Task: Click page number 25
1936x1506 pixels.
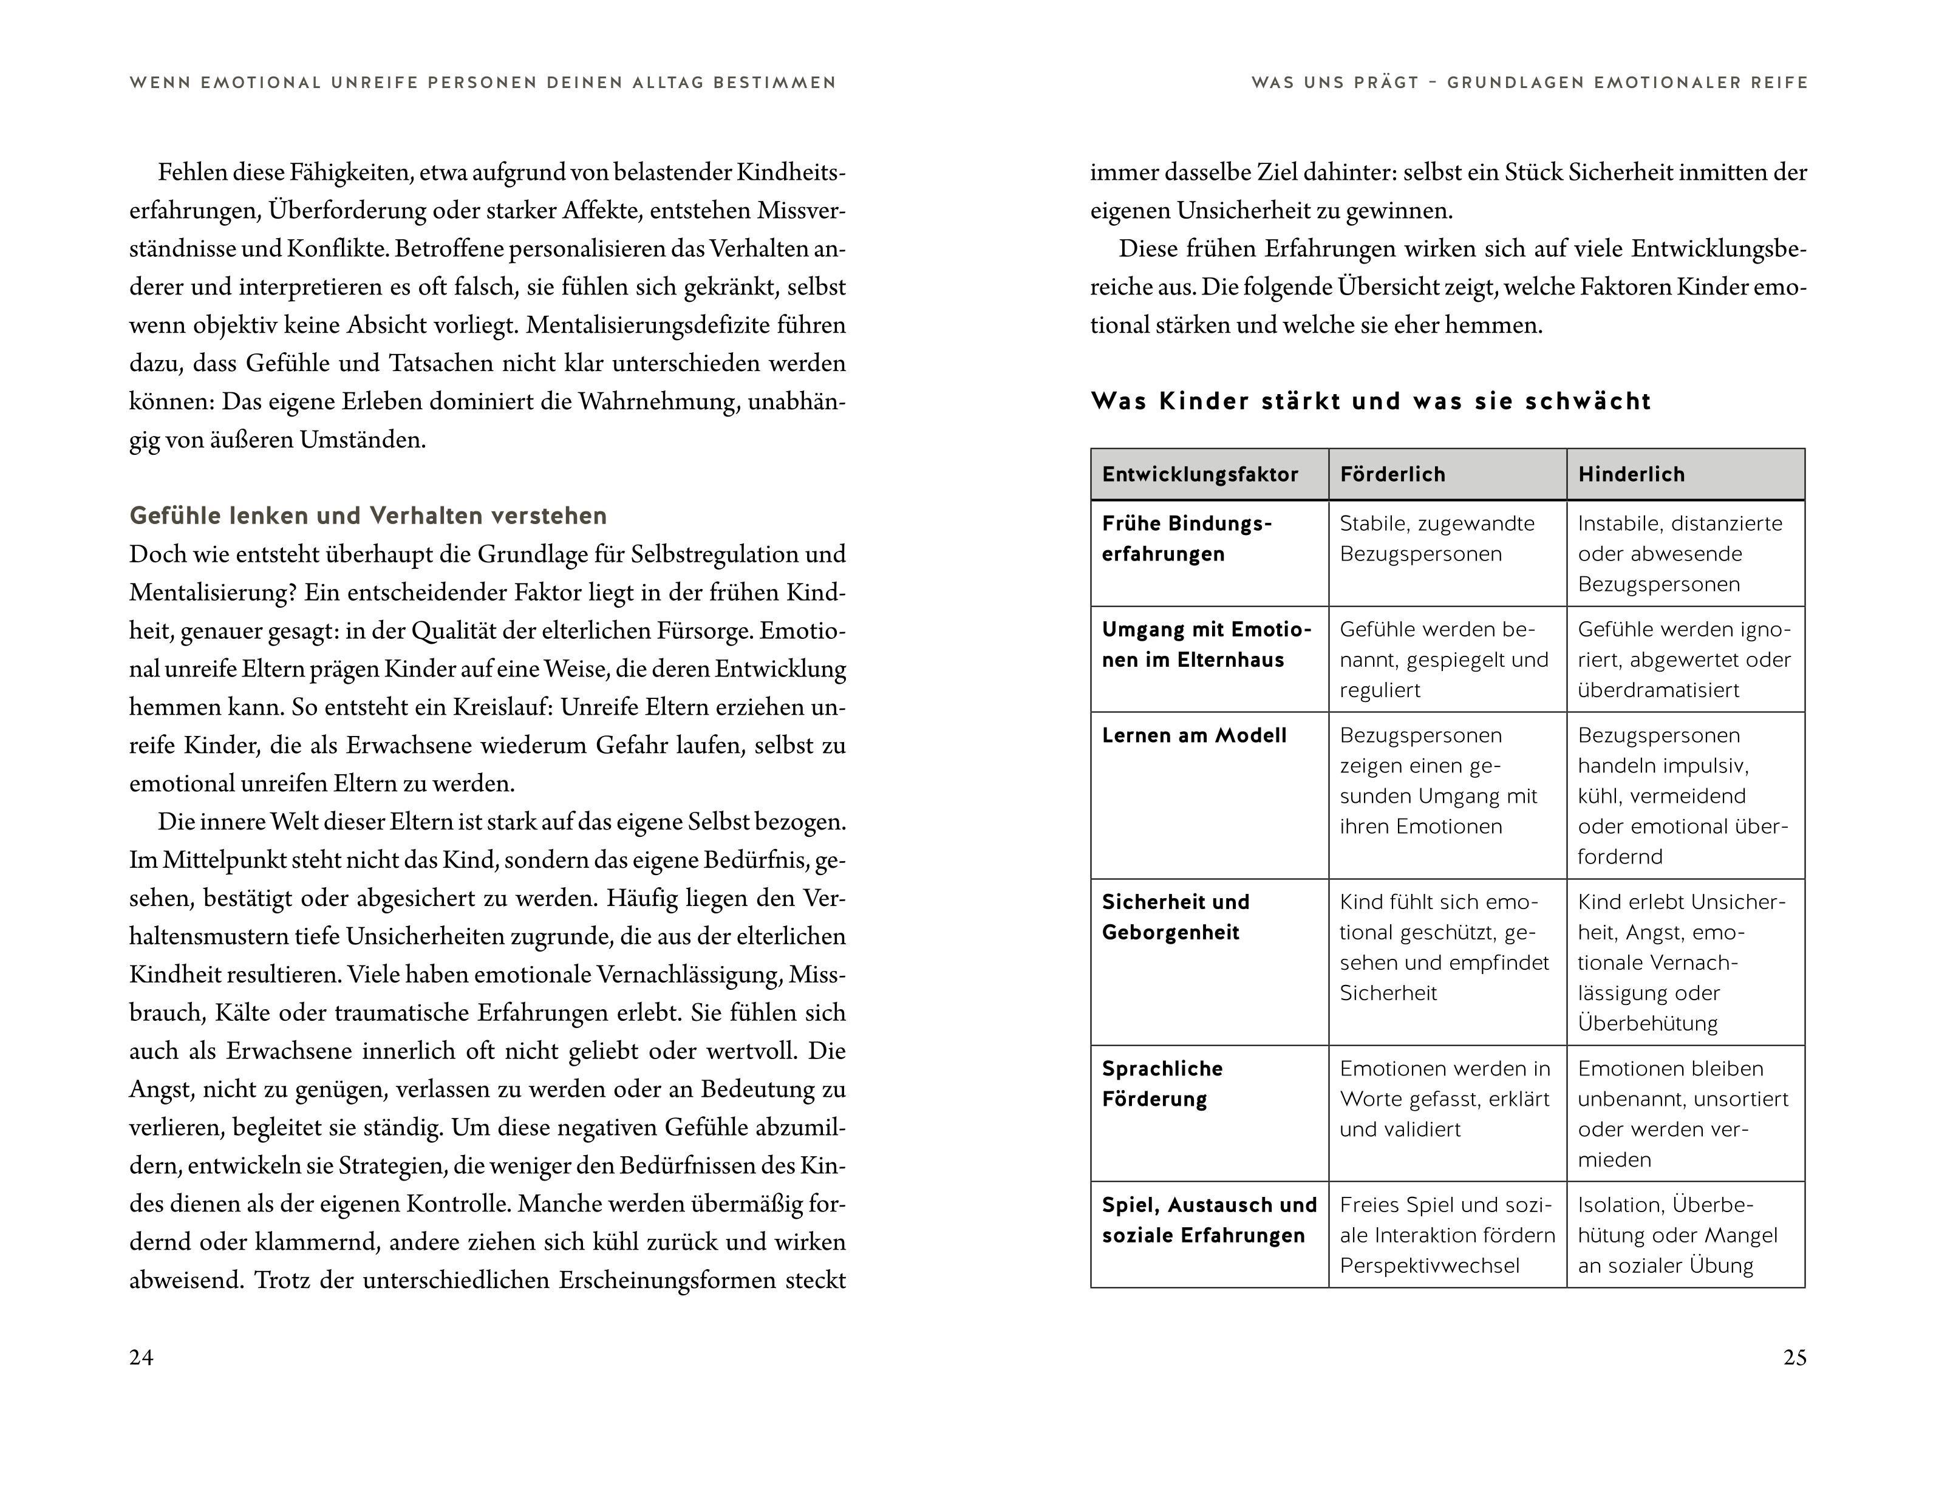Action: [x=1794, y=1358]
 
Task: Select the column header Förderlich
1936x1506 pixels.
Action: [x=1392, y=474]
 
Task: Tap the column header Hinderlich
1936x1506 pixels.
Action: [x=1631, y=474]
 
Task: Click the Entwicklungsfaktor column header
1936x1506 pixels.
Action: [x=1199, y=474]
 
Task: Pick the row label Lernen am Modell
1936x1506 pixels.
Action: [x=1193, y=736]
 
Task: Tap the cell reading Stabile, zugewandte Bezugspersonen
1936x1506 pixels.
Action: [x=1436, y=538]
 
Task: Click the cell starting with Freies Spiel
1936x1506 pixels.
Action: [x=1447, y=1235]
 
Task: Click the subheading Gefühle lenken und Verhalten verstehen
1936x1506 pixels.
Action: [x=368, y=516]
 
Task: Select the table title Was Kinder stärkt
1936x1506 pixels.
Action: [x=1371, y=401]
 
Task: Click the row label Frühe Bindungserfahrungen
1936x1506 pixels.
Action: [x=1186, y=538]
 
